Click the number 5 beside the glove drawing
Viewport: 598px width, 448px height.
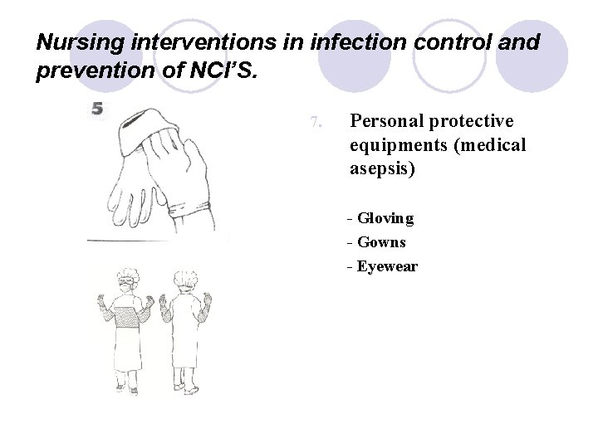[x=98, y=109]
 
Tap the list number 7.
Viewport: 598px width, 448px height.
[x=315, y=123]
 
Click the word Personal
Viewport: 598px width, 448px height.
[x=387, y=121]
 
